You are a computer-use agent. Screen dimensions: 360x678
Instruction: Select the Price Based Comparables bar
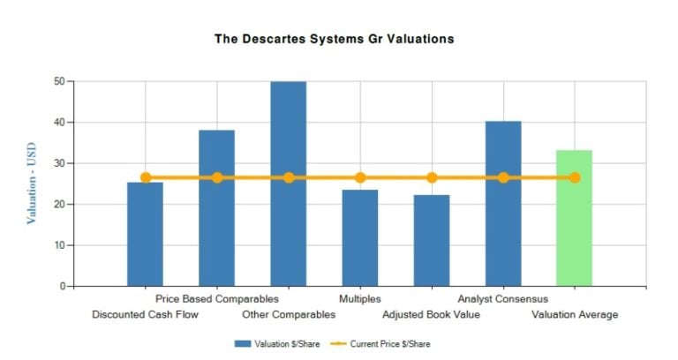point(216,212)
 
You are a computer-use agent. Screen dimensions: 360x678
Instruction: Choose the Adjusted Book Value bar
point(431,243)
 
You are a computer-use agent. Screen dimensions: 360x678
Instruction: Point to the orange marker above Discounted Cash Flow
point(146,177)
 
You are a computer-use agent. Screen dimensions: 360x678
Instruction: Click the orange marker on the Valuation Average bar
point(575,177)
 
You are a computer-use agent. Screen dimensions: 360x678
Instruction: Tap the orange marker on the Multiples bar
point(360,177)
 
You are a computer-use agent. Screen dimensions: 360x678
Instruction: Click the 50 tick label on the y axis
point(58,81)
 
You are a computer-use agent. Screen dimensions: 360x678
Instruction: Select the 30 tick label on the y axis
point(58,163)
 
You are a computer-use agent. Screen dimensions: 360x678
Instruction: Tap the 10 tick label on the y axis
point(58,245)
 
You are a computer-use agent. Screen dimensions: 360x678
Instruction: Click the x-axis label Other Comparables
point(289,314)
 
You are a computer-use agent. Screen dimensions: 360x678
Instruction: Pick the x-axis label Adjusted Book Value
point(431,314)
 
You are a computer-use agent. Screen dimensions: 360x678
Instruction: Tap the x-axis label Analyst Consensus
point(502,299)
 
